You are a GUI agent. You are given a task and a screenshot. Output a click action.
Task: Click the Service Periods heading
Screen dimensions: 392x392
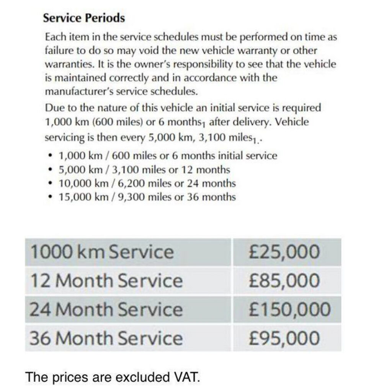coord(84,18)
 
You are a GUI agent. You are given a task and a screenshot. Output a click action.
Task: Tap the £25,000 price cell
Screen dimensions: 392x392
coord(284,252)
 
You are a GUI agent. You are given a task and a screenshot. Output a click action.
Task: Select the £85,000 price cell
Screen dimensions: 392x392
coord(284,281)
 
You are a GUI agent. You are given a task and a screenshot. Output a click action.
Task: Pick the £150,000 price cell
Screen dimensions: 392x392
coord(289,309)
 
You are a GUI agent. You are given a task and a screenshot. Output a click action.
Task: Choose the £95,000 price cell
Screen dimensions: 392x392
coord(284,338)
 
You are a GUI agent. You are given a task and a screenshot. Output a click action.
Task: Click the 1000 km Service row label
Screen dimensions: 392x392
coord(102,252)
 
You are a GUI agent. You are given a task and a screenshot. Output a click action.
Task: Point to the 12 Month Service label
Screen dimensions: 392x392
coord(106,281)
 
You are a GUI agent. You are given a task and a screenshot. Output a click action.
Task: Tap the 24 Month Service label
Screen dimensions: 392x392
coord(106,309)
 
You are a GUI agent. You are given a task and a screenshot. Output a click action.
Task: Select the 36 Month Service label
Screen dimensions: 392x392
coord(106,338)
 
